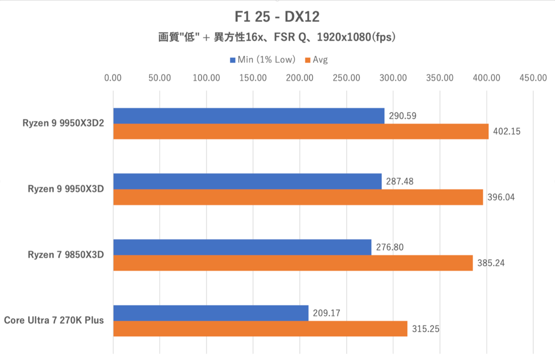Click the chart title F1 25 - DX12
point(277,17)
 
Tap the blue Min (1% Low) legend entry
point(262,60)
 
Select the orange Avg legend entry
point(316,60)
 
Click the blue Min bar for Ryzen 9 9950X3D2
point(248,116)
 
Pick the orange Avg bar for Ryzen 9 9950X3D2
point(301,131)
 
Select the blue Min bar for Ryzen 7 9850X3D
point(242,247)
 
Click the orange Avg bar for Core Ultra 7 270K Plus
point(260,329)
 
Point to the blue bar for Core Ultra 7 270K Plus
point(210,313)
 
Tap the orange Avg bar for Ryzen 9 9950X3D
point(298,197)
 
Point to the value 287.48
point(401,182)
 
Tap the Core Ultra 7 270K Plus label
point(54,320)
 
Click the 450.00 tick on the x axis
point(533,78)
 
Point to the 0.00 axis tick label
point(113,78)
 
